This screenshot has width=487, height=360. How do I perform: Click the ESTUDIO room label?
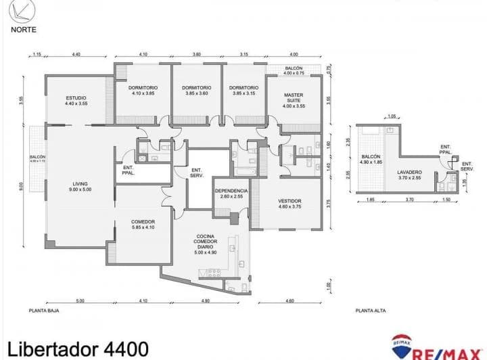[x=76, y=101]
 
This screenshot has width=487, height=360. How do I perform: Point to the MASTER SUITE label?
[x=294, y=100]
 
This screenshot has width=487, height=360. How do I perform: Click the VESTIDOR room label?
[x=289, y=205]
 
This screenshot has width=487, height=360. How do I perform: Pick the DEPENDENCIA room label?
[x=231, y=194]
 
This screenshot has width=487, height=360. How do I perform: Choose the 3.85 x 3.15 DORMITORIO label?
[x=243, y=91]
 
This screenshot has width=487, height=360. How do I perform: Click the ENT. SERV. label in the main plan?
[x=197, y=173]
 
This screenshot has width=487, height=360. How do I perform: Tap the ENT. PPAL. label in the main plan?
[x=129, y=171]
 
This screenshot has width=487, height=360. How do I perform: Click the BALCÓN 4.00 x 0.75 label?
[x=294, y=71]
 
